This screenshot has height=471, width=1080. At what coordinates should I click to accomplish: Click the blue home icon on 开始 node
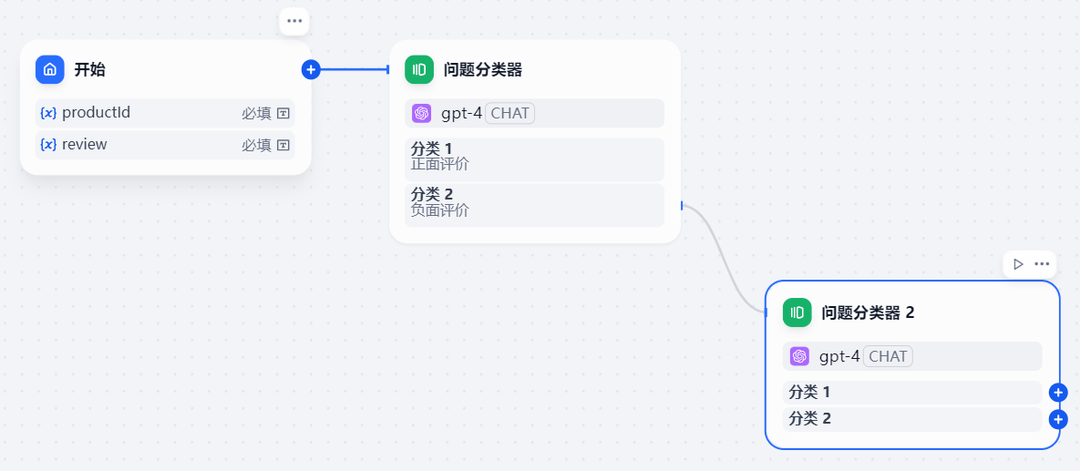click(50, 69)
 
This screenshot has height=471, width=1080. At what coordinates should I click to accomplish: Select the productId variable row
click(165, 113)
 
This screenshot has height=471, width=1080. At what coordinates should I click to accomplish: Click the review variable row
click(165, 145)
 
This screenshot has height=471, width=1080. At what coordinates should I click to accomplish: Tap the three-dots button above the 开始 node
click(293, 21)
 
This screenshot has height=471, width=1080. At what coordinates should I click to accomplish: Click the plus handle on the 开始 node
click(311, 69)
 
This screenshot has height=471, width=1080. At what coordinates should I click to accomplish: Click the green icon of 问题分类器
click(419, 69)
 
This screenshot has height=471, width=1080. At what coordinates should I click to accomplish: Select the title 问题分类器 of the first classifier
click(483, 70)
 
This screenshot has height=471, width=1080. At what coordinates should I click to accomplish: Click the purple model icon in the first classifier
click(421, 113)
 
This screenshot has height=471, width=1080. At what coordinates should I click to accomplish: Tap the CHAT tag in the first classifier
click(509, 113)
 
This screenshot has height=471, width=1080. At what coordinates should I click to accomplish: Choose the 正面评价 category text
click(440, 165)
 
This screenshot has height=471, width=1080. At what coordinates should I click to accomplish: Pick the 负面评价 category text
click(440, 210)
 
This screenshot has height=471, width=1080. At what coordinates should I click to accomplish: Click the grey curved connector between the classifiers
click(729, 255)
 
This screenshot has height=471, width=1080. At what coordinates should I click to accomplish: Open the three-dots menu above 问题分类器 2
click(1043, 264)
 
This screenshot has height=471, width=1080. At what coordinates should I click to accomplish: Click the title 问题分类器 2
click(868, 312)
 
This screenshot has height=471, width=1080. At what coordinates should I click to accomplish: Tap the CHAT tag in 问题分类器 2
click(888, 356)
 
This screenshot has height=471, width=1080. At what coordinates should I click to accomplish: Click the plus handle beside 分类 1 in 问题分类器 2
click(1058, 393)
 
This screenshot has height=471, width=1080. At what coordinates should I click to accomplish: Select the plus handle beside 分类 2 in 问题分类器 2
click(1058, 419)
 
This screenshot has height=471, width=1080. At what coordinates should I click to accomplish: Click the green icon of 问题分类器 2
click(797, 312)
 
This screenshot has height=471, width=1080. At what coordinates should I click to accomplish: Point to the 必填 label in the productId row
click(256, 113)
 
